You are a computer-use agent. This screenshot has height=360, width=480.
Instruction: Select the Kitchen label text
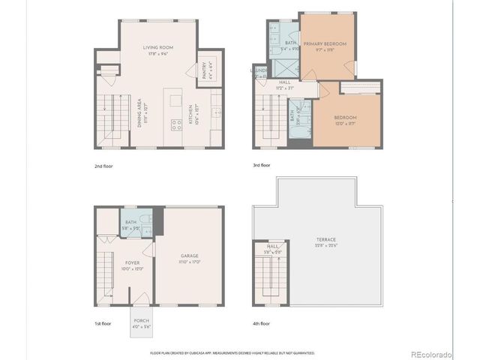(x=192, y=116)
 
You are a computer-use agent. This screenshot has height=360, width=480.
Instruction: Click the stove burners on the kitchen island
(x=176, y=125)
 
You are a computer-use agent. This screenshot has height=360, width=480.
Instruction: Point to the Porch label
(x=141, y=322)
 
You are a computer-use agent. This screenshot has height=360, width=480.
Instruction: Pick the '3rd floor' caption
(x=262, y=165)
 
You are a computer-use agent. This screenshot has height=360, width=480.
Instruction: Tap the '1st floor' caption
(x=103, y=323)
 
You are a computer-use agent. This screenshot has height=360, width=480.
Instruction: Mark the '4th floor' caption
(x=262, y=323)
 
